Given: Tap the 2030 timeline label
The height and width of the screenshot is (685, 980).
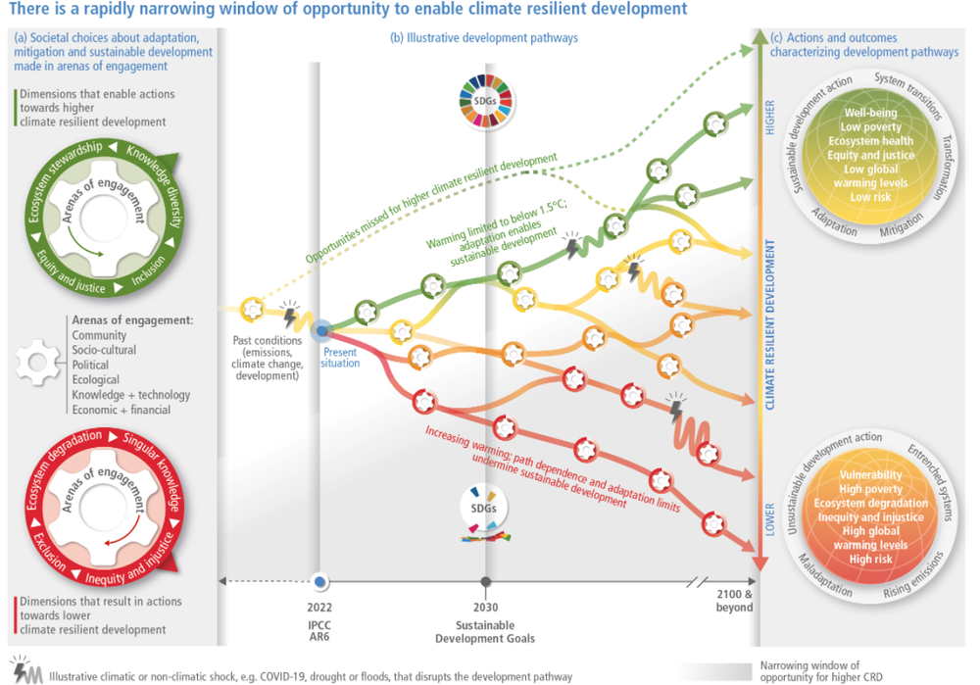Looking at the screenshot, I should [485, 608].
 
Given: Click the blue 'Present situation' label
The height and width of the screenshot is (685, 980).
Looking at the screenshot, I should [341, 358].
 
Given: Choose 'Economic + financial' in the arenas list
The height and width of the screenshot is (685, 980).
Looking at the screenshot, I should [121, 410].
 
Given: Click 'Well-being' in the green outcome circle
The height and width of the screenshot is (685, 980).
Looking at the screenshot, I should [870, 113].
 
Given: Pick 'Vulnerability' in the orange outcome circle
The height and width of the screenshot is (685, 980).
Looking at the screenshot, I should [870, 475].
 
